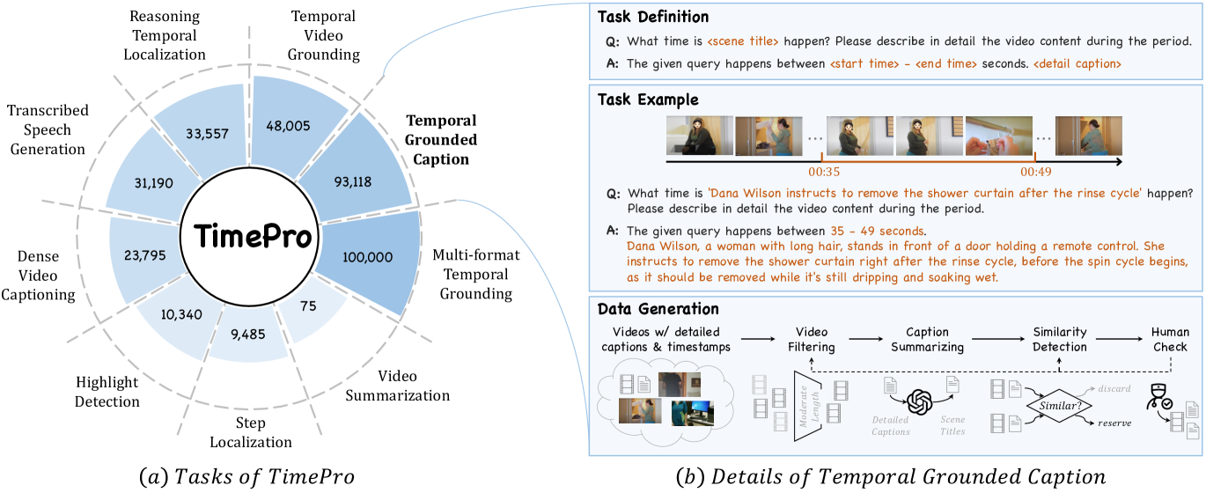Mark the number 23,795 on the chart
coord(145,259)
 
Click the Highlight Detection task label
coord(107,392)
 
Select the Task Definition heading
coord(653,18)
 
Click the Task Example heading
coord(647,99)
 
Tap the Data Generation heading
coord(658,309)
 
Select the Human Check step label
coord(1170,340)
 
